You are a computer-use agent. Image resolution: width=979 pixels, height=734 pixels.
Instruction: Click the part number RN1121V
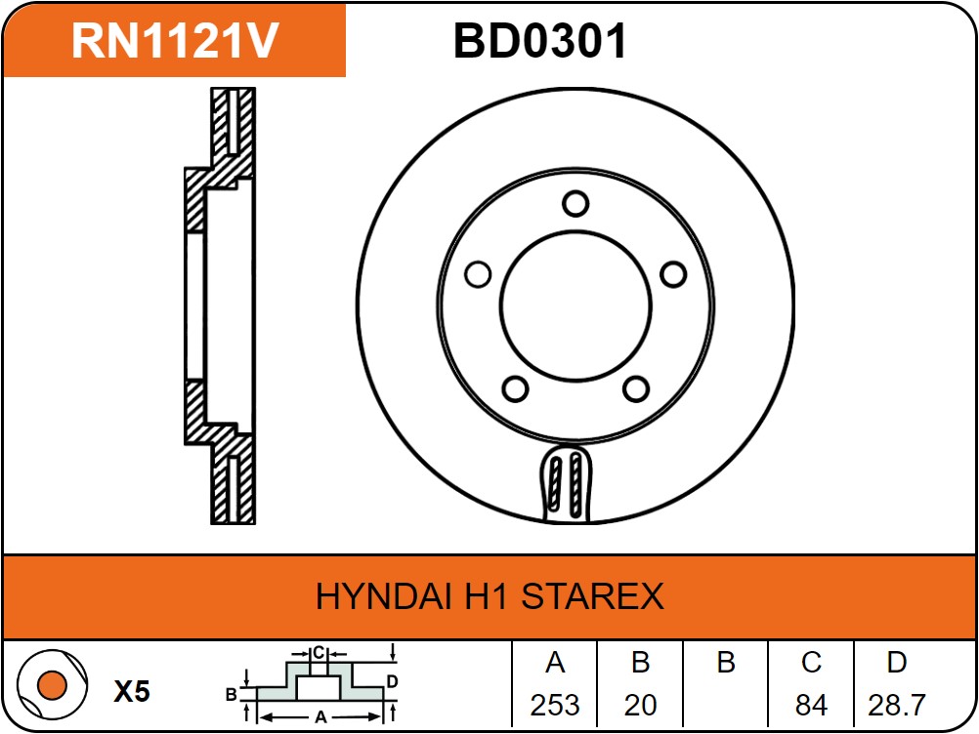tap(175, 41)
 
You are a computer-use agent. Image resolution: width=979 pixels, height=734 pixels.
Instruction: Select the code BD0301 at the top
tap(540, 41)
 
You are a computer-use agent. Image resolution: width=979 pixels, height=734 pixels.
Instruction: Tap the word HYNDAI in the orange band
tap(384, 595)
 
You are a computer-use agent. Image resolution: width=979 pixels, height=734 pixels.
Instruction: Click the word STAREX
tap(592, 595)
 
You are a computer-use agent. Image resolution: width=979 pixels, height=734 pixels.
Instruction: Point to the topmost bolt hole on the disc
tap(575, 204)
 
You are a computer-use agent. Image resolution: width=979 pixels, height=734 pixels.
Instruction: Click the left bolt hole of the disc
tap(478, 274)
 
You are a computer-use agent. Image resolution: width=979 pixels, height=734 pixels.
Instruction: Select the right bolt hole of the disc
tap(673, 274)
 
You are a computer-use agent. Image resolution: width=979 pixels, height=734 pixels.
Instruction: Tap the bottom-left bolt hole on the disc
tap(515, 389)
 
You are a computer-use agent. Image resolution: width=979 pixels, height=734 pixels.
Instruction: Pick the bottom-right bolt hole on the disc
tap(636, 389)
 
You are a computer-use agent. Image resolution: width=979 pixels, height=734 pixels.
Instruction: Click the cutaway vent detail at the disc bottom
tap(566, 484)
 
